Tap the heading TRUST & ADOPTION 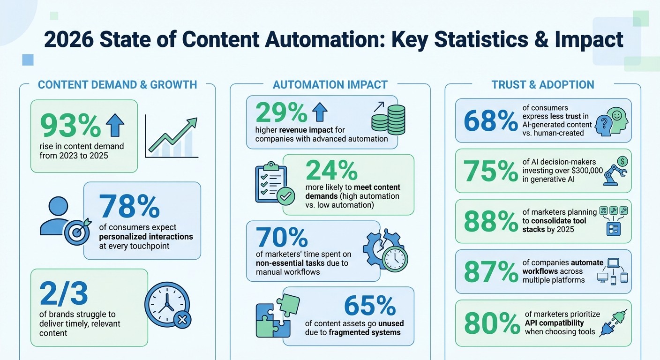(x=543, y=85)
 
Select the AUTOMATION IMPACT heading (x=330, y=85)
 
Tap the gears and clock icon (x=385, y=249)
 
